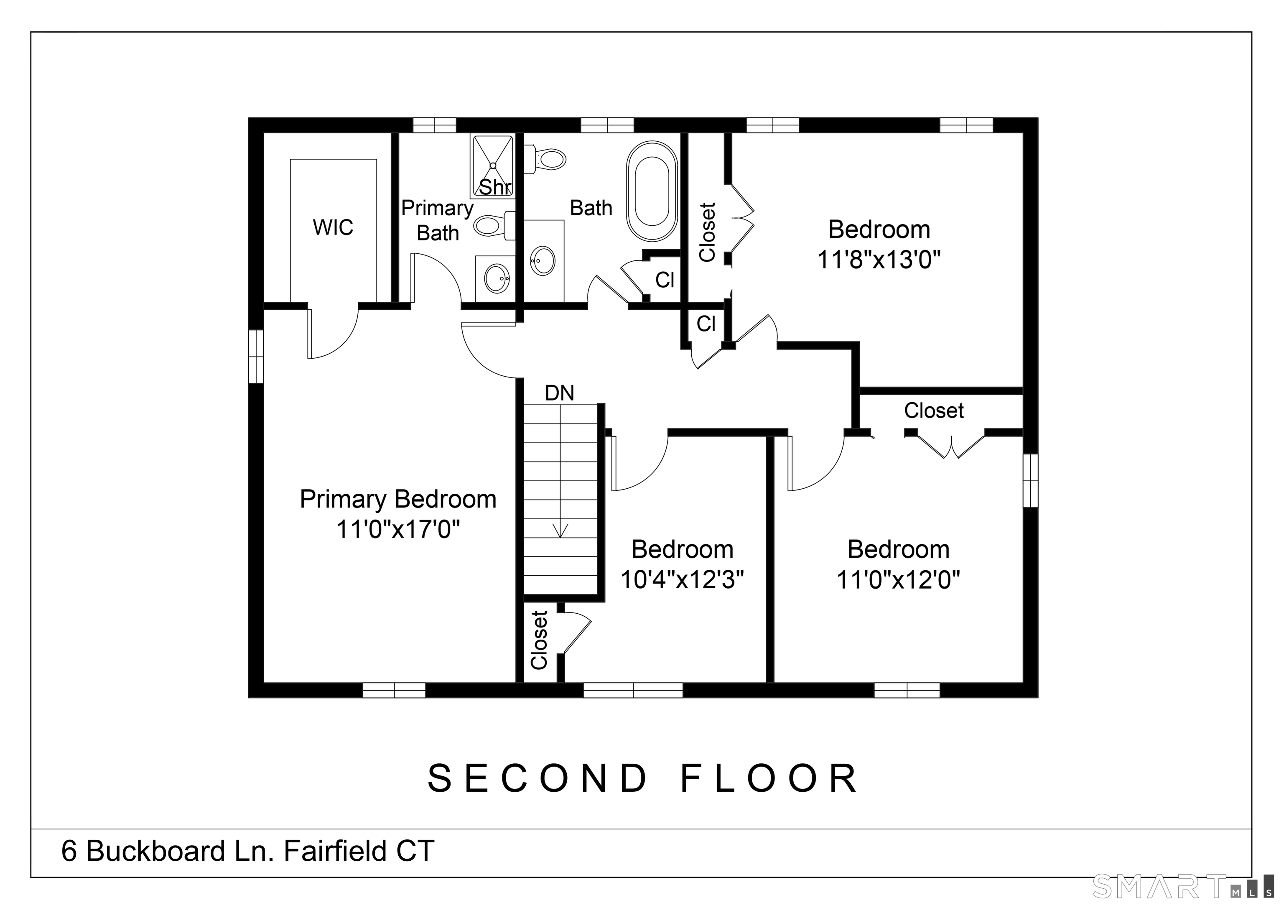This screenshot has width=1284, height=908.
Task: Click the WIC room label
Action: (x=333, y=227)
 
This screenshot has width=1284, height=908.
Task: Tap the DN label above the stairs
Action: (x=559, y=393)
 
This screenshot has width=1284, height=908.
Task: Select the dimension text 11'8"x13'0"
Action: (x=879, y=260)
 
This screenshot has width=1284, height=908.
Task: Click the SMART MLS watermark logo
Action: (x=1183, y=887)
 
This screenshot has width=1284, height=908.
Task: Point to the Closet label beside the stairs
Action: (x=539, y=640)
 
